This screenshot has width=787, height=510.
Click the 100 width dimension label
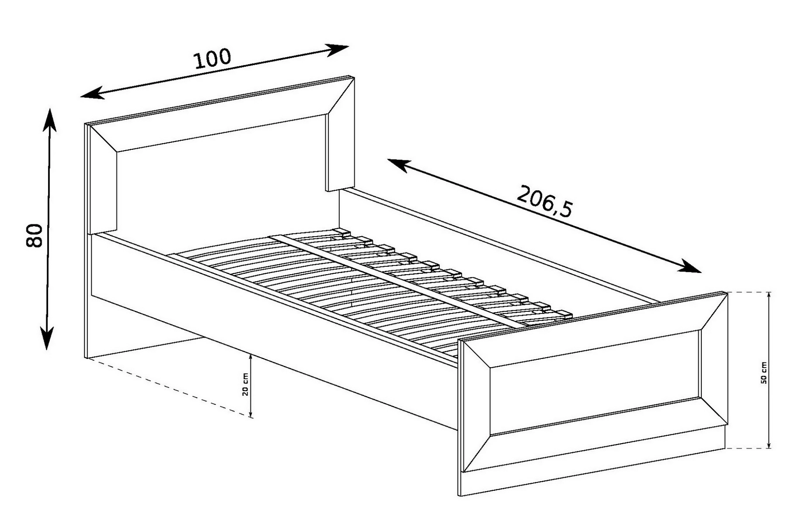click(212, 59)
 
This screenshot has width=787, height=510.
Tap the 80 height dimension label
click(35, 236)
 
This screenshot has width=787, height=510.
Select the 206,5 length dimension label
click(544, 201)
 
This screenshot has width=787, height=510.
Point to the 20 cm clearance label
click(246, 384)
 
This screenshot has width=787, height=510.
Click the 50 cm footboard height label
click(764, 372)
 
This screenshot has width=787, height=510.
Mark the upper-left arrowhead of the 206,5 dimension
click(398, 165)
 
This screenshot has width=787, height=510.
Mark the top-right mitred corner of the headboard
click(353, 78)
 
